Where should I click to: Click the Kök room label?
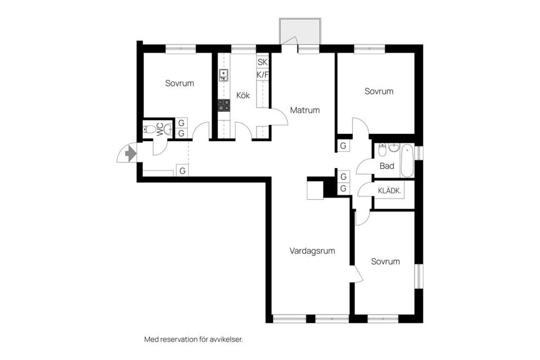point(243,96)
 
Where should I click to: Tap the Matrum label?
point(305,110)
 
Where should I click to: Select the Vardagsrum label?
point(312,251)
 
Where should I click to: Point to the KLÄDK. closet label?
point(389,191)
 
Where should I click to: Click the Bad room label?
point(387,166)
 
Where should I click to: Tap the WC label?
point(160,129)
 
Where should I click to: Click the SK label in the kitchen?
point(262,62)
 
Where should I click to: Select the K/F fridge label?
point(262,75)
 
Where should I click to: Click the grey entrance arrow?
point(131,153)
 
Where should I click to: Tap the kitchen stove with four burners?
point(224,105)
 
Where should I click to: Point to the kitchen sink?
point(223,75)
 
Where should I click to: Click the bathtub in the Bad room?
point(407,160)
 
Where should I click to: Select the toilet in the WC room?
point(150,129)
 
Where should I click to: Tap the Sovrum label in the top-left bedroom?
point(179,83)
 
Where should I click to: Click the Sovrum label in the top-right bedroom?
point(379,91)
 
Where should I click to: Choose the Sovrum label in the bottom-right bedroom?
point(385,262)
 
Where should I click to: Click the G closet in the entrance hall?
point(182,170)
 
